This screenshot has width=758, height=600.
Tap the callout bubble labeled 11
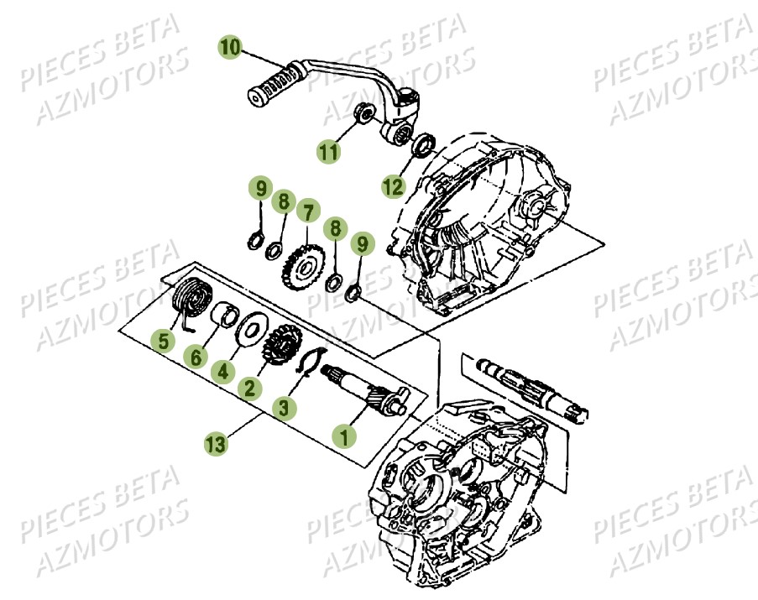[x=328, y=151]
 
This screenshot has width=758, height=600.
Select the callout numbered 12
[x=393, y=187]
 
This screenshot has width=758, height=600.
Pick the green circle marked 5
[x=163, y=340]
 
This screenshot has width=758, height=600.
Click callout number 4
[x=222, y=369]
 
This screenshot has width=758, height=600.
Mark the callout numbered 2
[x=248, y=387]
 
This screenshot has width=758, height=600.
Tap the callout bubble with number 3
[x=285, y=408]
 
